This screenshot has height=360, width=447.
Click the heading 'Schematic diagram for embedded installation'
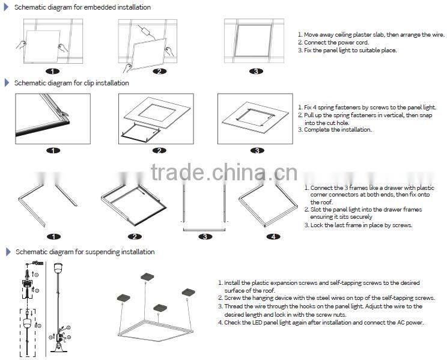[x=82, y=7]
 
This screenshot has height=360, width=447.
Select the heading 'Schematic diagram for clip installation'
[x=71, y=83]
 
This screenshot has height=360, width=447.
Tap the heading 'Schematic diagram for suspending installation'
[x=85, y=252]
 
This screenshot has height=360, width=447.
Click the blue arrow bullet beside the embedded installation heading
[x=7, y=7]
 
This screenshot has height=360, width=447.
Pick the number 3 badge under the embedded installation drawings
[x=256, y=72]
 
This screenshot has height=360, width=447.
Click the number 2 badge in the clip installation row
[x=159, y=150]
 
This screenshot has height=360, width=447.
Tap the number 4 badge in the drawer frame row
[x=273, y=237]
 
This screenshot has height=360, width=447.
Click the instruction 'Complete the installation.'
[x=338, y=129]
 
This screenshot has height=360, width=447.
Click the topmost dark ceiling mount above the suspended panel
[x=147, y=276]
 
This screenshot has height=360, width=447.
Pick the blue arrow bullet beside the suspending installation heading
[x=8, y=252]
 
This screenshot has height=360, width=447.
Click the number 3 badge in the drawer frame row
[x=205, y=237]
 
